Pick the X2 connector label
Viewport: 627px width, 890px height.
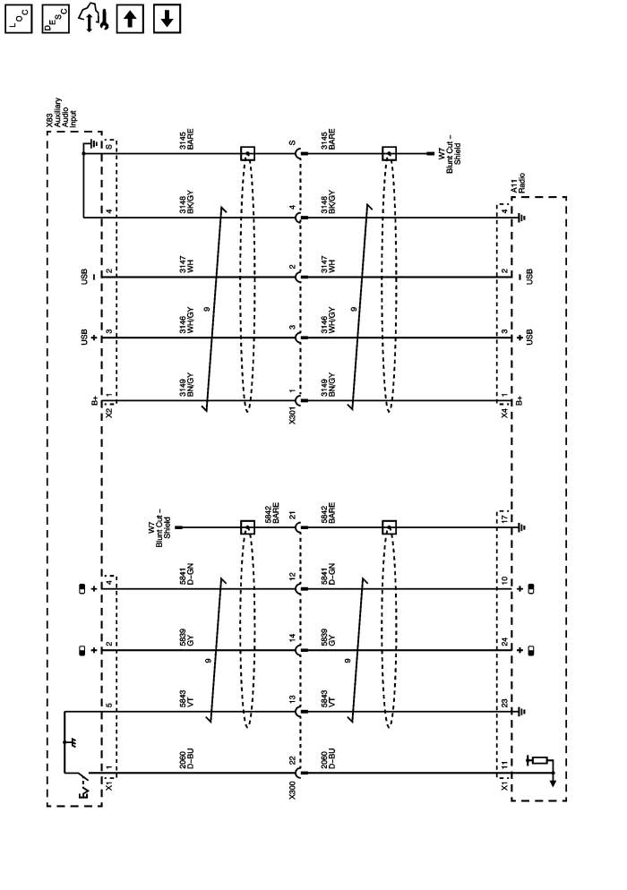(x=108, y=414)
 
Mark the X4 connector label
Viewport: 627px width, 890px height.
(x=505, y=414)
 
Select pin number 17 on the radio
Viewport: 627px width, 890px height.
(x=505, y=517)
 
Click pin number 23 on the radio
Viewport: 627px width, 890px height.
(x=505, y=701)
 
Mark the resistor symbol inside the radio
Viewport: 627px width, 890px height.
(x=539, y=760)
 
